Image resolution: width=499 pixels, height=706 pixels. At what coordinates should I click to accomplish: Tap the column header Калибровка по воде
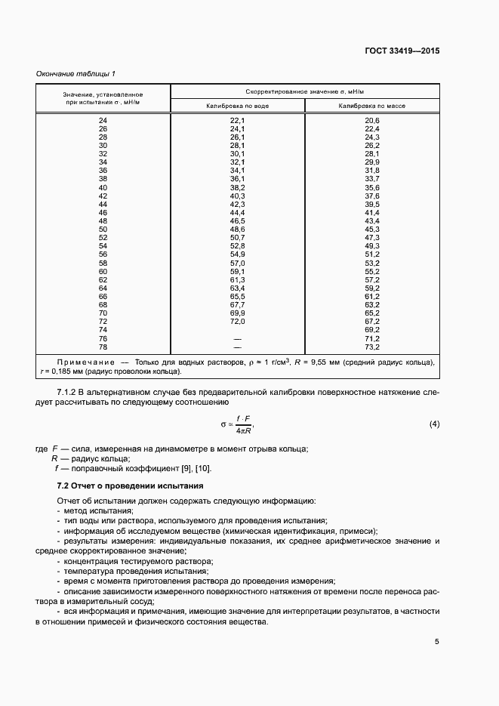(238, 106)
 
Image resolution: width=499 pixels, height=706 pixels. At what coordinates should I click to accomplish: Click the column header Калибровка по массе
(372, 106)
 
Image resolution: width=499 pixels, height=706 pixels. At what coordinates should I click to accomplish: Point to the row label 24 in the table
(103, 121)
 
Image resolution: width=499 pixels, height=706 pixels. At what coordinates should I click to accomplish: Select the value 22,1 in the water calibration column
(238, 121)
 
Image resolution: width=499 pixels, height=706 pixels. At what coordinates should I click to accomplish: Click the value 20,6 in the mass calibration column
(372, 121)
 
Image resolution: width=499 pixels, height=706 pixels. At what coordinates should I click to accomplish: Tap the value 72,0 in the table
(238, 321)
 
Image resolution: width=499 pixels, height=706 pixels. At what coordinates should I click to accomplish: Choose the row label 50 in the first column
(103, 229)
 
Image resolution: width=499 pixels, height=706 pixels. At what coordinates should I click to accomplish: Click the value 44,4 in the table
(238, 212)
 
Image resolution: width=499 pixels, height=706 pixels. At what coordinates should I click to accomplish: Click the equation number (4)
(434, 424)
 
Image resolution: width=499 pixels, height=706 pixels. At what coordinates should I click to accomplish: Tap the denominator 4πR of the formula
(243, 430)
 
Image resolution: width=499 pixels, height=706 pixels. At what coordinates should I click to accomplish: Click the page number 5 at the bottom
(436, 642)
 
